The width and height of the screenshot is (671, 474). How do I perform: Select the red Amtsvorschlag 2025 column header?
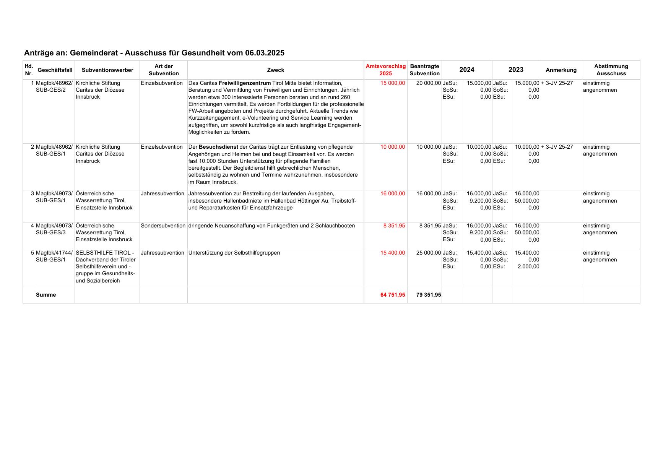tap(385, 70)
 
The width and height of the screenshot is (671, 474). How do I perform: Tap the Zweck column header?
tap(275, 70)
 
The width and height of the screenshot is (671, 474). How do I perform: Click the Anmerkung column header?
tap(561, 70)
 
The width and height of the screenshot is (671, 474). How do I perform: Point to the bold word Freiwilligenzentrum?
tap(245, 83)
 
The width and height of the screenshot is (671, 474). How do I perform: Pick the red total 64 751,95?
tap(393, 295)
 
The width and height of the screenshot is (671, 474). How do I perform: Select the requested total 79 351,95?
tap(428, 295)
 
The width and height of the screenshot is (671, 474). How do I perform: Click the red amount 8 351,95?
tap(394, 226)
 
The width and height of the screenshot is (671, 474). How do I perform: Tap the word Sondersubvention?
tap(163, 226)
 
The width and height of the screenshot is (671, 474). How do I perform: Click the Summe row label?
tap(46, 295)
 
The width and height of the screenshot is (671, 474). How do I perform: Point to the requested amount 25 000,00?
tap(428, 253)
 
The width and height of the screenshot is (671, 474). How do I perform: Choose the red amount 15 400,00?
tap(393, 253)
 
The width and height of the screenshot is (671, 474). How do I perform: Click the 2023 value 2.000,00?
tap(528, 266)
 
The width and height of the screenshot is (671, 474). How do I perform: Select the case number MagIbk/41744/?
tap(54, 253)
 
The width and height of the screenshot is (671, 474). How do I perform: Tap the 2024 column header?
tap(466, 70)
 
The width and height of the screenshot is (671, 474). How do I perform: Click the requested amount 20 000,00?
tap(428, 83)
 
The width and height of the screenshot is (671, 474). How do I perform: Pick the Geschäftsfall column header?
tap(55, 70)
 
